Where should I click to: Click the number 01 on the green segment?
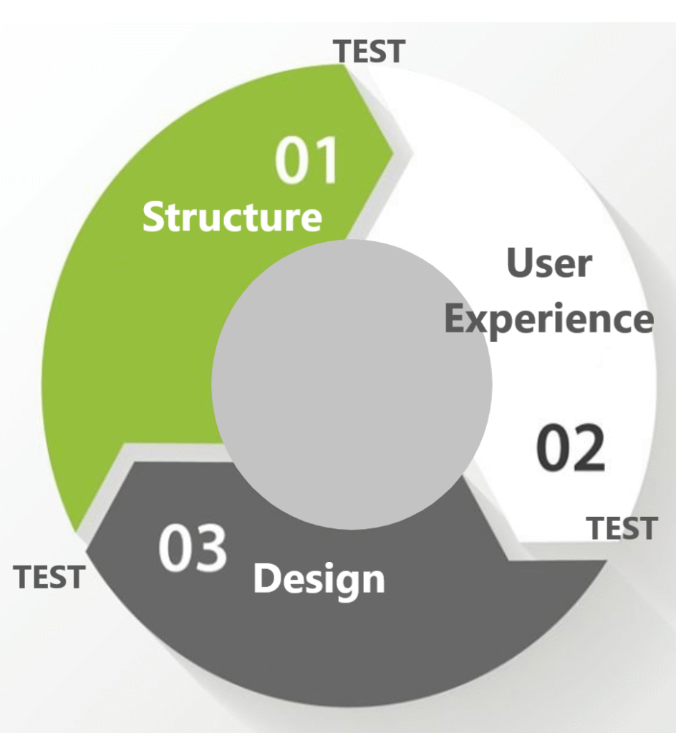pyautogui.click(x=306, y=160)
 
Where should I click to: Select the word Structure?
pyautogui.click(x=232, y=217)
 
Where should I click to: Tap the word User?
pyautogui.click(x=549, y=263)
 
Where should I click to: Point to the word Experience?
pyautogui.click(x=549, y=320)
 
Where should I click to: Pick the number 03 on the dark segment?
pyautogui.click(x=192, y=547)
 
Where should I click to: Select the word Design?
pyautogui.click(x=319, y=580)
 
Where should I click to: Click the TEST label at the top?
pyautogui.click(x=370, y=52)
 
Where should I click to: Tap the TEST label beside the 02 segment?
pyautogui.click(x=622, y=528)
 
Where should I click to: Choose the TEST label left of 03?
pyautogui.click(x=49, y=576)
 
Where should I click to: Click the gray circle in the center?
pyautogui.click(x=352, y=384)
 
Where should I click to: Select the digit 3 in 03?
pyautogui.click(x=211, y=547)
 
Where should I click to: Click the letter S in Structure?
pyautogui.click(x=153, y=217)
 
